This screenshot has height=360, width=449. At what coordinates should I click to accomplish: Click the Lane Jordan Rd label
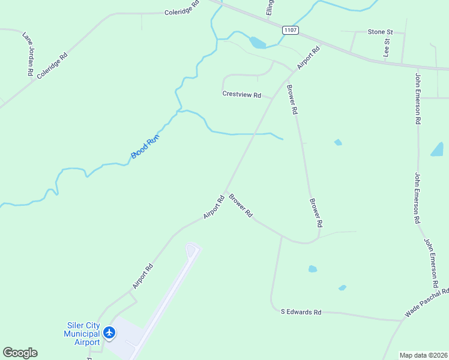click(28, 53)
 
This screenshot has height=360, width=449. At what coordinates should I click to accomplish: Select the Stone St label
click(380, 31)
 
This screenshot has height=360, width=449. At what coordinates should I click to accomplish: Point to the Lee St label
click(387, 47)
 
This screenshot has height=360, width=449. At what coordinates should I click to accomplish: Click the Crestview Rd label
click(242, 95)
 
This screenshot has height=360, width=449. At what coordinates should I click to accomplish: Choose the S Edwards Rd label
click(301, 312)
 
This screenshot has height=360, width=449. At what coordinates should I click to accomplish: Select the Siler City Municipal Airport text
click(83, 334)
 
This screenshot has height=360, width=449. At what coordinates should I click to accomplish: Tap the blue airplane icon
click(109, 332)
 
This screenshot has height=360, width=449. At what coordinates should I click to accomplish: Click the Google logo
click(20, 353)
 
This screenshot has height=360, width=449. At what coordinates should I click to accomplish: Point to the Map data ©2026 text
click(423, 355)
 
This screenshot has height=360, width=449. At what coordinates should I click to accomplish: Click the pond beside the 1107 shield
click(258, 43)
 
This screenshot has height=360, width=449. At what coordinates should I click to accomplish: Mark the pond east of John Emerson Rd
click(437, 149)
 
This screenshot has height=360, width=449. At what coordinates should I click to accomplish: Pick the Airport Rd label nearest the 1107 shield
click(309, 58)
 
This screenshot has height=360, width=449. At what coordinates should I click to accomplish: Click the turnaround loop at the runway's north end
click(192, 250)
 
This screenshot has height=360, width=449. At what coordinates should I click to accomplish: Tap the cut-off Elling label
click(270, 7)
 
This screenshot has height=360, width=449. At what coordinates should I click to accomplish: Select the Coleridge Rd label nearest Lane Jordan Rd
click(52, 65)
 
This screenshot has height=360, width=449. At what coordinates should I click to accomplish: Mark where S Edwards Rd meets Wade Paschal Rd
click(401, 320)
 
